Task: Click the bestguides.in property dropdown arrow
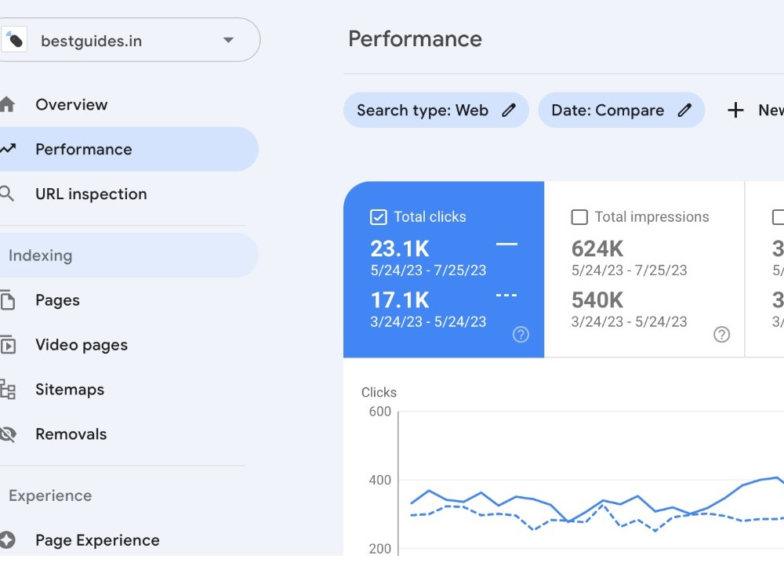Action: coord(228,40)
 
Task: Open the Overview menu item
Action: coord(71,104)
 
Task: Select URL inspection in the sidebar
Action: coord(91,194)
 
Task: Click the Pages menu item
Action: coord(57,300)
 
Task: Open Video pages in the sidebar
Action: coord(82,345)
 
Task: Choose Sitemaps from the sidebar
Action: coord(70,390)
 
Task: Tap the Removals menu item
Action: coord(71,434)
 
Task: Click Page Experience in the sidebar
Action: coord(97,540)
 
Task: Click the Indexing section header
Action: coord(41,256)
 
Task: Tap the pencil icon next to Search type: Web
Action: coord(509,110)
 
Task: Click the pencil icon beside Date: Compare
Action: coord(684,110)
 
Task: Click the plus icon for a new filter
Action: coord(735,110)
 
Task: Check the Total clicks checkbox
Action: coord(379,217)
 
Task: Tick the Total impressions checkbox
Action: coord(579,217)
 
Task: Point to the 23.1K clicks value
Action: coord(400,249)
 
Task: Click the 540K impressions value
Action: coord(597,300)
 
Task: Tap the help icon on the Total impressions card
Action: coord(721,335)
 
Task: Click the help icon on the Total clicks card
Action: coord(521,335)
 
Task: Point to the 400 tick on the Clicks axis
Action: coord(380,480)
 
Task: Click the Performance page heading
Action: coord(415,39)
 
